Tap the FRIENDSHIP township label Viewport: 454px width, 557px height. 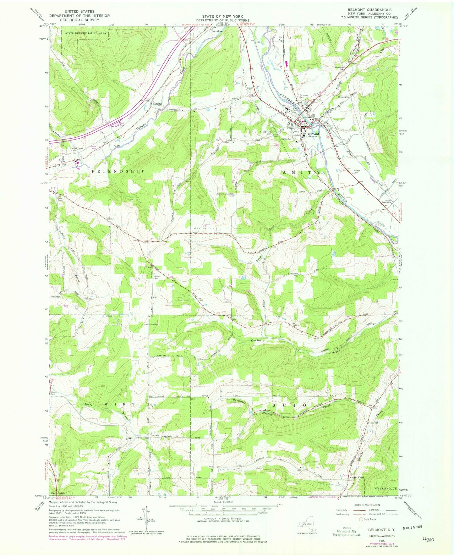point(118,171)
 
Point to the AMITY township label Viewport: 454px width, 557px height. point(301,173)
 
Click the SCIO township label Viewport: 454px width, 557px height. point(288,405)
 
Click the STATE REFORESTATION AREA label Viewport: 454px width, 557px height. point(83,33)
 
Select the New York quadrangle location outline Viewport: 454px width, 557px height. point(307,527)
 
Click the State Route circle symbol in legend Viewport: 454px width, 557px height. point(361,519)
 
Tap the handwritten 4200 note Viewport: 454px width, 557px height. point(428,540)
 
